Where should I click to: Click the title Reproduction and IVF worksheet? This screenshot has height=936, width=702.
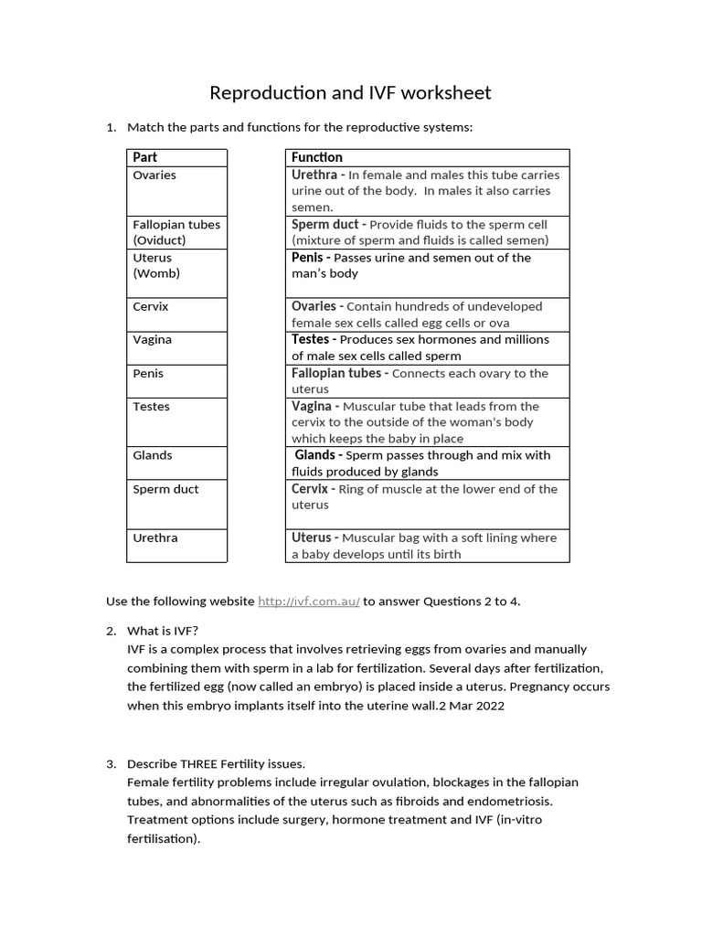click(350, 92)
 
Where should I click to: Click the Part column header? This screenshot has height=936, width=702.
click(145, 157)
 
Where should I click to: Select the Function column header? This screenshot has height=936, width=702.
click(317, 157)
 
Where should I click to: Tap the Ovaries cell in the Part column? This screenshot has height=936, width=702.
click(154, 175)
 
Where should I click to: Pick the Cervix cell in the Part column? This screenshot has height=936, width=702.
click(151, 306)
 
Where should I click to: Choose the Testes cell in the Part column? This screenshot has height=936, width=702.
click(151, 406)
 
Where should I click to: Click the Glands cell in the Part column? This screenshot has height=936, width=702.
click(153, 455)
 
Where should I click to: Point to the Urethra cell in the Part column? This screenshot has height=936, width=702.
click(155, 537)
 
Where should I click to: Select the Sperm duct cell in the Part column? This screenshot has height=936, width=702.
click(165, 489)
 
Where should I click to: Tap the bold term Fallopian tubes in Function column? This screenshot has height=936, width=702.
click(336, 373)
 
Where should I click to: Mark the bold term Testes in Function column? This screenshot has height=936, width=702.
click(311, 339)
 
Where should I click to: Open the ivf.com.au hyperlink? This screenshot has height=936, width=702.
click(309, 601)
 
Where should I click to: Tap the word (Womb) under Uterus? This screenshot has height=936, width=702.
click(156, 273)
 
